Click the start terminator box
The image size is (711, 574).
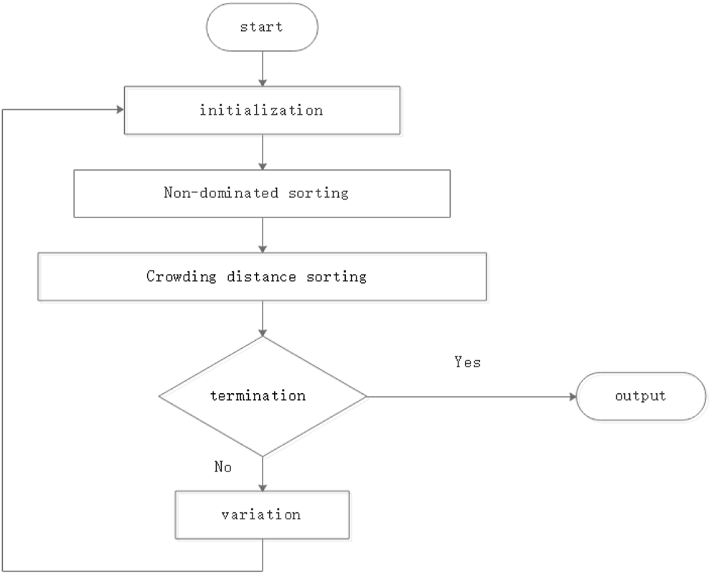[x=262, y=27]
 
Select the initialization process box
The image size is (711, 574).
[x=262, y=110]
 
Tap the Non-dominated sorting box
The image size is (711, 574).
[x=262, y=193]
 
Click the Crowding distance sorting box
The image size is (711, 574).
[x=262, y=276]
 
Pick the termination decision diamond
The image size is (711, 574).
[x=262, y=396]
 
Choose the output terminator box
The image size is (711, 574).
[x=641, y=396]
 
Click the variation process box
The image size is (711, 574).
[x=262, y=515]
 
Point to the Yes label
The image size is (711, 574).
[x=467, y=362]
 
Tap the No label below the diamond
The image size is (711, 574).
[x=222, y=467]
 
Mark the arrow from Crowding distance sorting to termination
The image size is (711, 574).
[x=263, y=319]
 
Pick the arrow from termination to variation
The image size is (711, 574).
[x=263, y=474]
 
